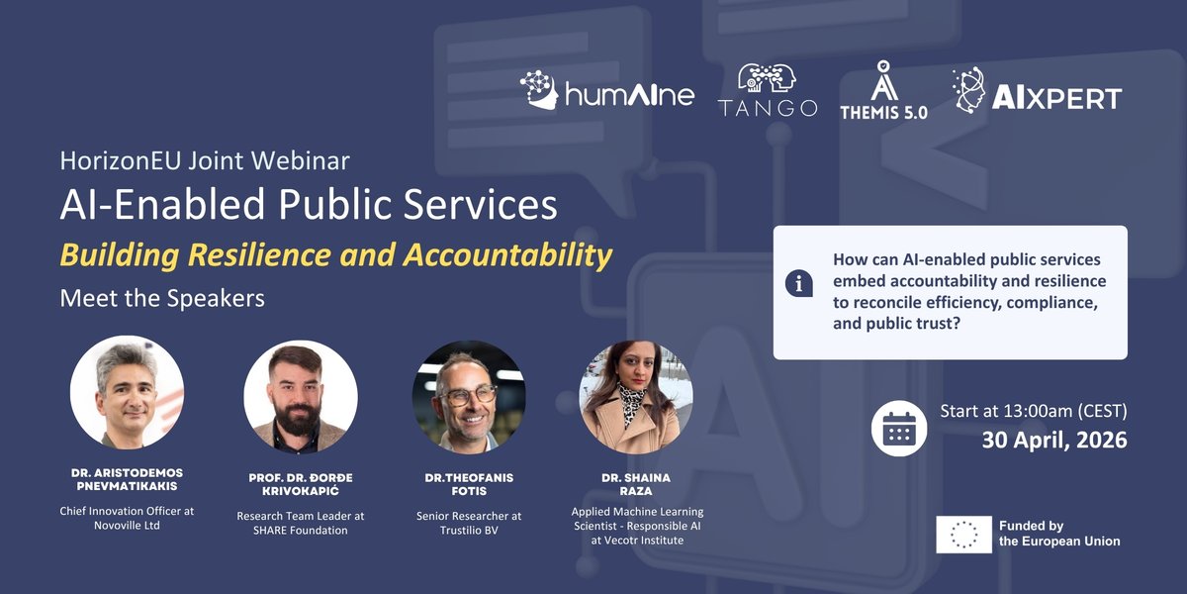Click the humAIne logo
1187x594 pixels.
[x=607, y=91]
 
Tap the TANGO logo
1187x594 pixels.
[x=768, y=91]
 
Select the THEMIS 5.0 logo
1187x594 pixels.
[x=884, y=91]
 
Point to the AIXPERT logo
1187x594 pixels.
[x=1037, y=91]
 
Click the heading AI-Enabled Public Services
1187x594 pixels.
[x=309, y=204]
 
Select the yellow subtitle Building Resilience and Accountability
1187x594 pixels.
[x=336, y=254]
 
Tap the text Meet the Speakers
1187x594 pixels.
[x=162, y=297]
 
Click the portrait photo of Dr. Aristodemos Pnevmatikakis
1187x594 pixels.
[x=128, y=393]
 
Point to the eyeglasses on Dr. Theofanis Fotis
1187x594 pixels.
[x=468, y=395]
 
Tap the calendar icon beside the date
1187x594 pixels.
[x=898, y=429]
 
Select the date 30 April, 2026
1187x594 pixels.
[x=1054, y=440]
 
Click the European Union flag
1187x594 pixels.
[x=963, y=534]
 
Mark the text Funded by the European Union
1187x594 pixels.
[x=1059, y=534]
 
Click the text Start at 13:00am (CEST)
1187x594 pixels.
[x=1034, y=409]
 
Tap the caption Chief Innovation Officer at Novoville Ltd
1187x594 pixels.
[x=127, y=518]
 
